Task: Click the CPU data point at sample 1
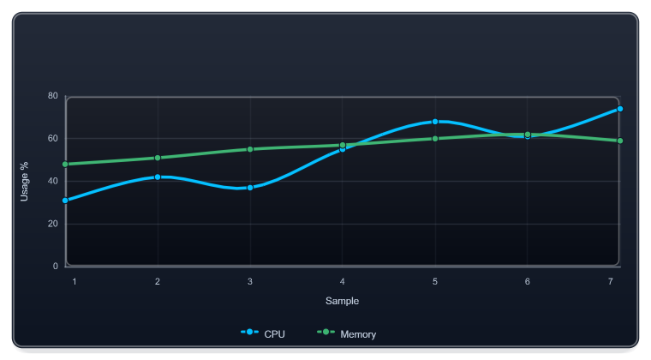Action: tap(65, 201)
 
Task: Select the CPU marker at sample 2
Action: tap(158, 177)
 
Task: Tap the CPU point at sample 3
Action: tap(250, 188)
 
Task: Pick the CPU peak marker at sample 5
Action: tap(435, 122)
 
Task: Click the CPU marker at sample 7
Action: tap(620, 109)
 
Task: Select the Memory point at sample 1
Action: tap(65, 165)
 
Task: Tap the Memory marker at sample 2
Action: tap(158, 158)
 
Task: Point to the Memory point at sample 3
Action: tap(250, 149)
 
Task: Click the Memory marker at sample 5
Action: tap(435, 139)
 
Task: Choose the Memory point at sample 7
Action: tap(620, 141)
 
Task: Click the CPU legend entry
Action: tap(263, 333)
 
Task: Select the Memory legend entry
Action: tap(347, 333)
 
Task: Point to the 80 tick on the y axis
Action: tap(53, 96)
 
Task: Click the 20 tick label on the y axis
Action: tap(53, 224)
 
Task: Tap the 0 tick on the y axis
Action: tap(55, 267)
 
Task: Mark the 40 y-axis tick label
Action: tap(53, 181)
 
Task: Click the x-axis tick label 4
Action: tap(342, 281)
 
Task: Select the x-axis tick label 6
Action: tap(528, 281)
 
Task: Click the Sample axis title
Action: tap(342, 301)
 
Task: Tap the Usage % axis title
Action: tap(24, 182)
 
